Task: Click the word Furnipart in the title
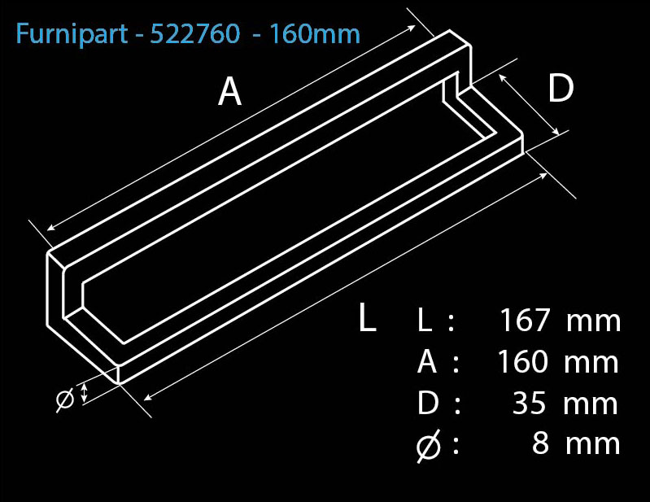pos(72,34)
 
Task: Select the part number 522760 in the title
pos(194,33)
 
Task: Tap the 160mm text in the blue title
pos(314,34)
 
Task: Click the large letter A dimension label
pos(229,92)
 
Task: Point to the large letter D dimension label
pos(561,89)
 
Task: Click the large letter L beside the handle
pos(367,316)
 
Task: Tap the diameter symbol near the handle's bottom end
pos(65,399)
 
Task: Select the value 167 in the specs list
pos(525,320)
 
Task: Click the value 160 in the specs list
pos(522,361)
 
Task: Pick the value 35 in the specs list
pos(529,403)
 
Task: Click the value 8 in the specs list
pos(540,443)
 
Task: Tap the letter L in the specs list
pos(425,320)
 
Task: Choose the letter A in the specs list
pos(427,361)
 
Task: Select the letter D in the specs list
pos(428,403)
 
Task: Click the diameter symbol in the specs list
pos(428,446)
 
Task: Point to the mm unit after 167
pos(594,322)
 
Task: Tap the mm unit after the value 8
pos(593,445)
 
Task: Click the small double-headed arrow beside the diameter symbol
pos(84,392)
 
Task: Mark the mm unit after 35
pos(591,405)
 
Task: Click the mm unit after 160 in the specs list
pos(591,364)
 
